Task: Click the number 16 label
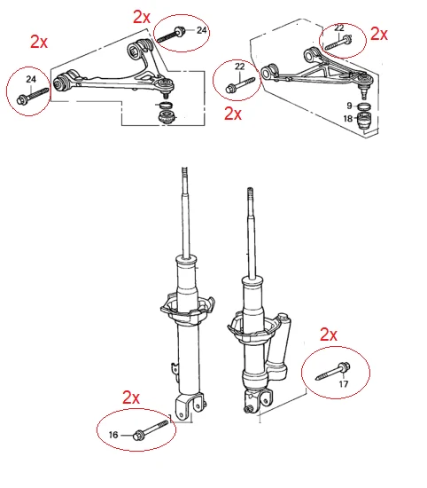click(x=113, y=435)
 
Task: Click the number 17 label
click(x=343, y=384)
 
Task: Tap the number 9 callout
click(x=349, y=106)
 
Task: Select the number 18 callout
click(x=348, y=118)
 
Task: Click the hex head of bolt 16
click(x=138, y=435)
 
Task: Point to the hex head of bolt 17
click(x=344, y=367)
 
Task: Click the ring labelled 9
click(x=363, y=106)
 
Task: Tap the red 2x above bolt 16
click(x=131, y=397)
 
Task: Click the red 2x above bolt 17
click(x=329, y=335)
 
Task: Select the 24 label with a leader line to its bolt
click(x=202, y=30)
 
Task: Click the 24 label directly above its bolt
click(x=31, y=79)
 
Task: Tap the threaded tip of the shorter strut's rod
click(x=250, y=193)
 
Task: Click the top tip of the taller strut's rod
click(x=184, y=169)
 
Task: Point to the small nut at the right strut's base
click(x=248, y=409)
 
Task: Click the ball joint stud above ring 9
click(x=363, y=93)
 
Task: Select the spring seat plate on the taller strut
click(x=188, y=310)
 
